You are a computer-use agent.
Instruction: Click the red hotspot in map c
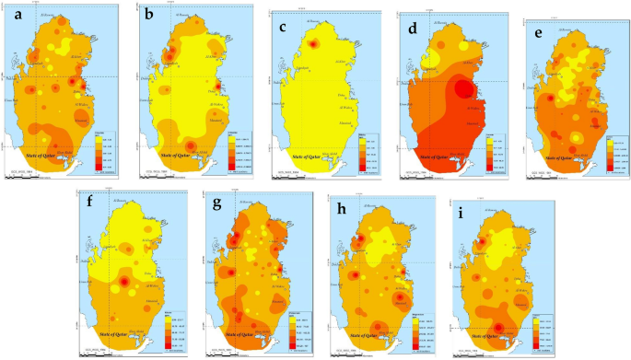[312, 44]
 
